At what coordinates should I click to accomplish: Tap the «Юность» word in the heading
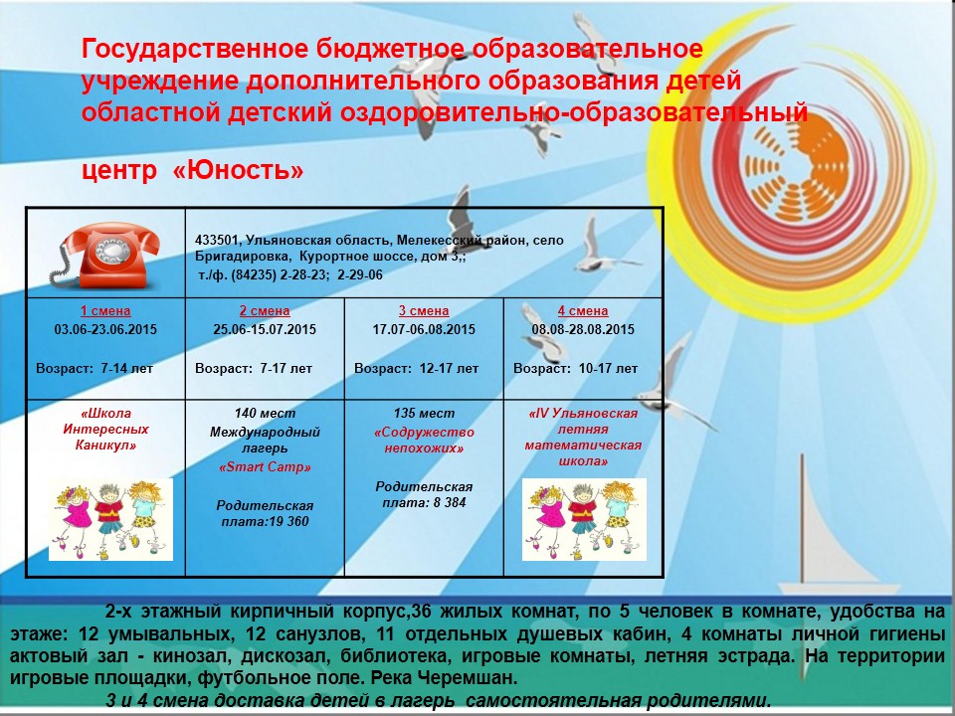(238, 170)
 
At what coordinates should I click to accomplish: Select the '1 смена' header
(105, 310)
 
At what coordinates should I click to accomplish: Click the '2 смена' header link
(265, 310)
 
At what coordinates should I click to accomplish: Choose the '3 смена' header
(424, 310)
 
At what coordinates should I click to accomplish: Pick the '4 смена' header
(583, 310)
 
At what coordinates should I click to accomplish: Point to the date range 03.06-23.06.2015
(105, 329)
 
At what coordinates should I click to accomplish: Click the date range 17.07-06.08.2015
(424, 329)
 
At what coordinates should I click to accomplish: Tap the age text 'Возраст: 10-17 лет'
(576, 368)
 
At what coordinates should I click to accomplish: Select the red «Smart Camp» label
(265, 467)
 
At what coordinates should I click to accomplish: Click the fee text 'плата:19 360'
(265, 521)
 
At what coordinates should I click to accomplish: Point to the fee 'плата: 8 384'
(424, 502)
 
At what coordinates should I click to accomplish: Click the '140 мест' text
(265, 413)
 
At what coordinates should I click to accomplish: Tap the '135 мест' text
(424, 413)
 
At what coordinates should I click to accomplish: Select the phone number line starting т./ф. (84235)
(290, 274)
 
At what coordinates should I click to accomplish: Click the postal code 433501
(216, 240)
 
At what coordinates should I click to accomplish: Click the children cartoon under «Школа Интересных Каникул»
(110, 519)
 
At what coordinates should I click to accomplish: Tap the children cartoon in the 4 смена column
(584, 519)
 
